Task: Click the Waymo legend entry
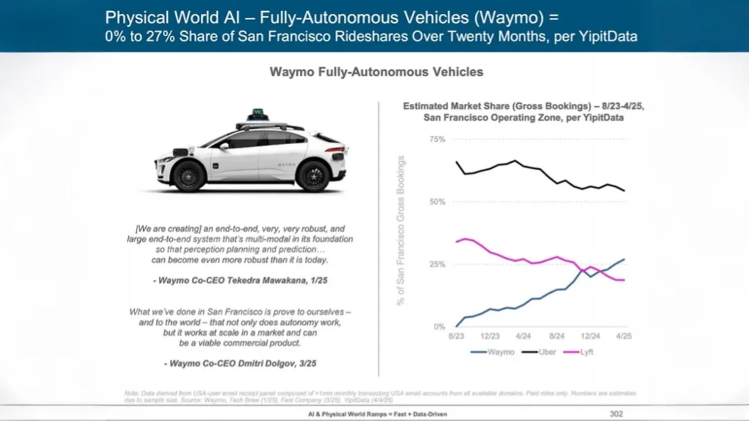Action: [x=501, y=352]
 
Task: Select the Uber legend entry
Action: [x=547, y=352]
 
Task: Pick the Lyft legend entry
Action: [x=586, y=352]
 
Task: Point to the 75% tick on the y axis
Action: [x=437, y=140]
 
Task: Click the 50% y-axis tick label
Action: [x=437, y=202]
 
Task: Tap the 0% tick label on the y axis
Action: [x=439, y=327]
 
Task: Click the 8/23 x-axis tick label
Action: [x=456, y=336]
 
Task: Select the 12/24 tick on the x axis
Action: [x=590, y=336]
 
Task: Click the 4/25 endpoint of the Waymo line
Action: [x=624, y=259]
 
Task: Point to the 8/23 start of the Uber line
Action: [x=456, y=162]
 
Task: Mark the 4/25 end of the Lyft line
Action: [x=624, y=280]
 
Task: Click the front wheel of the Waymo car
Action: [x=188, y=176]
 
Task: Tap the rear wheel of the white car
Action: [x=313, y=176]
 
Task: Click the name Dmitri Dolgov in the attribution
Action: [x=266, y=363]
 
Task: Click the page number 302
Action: [x=616, y=414]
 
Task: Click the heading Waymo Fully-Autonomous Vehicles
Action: [x=376, y=72]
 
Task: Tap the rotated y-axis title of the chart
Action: [x=401, y=230]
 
